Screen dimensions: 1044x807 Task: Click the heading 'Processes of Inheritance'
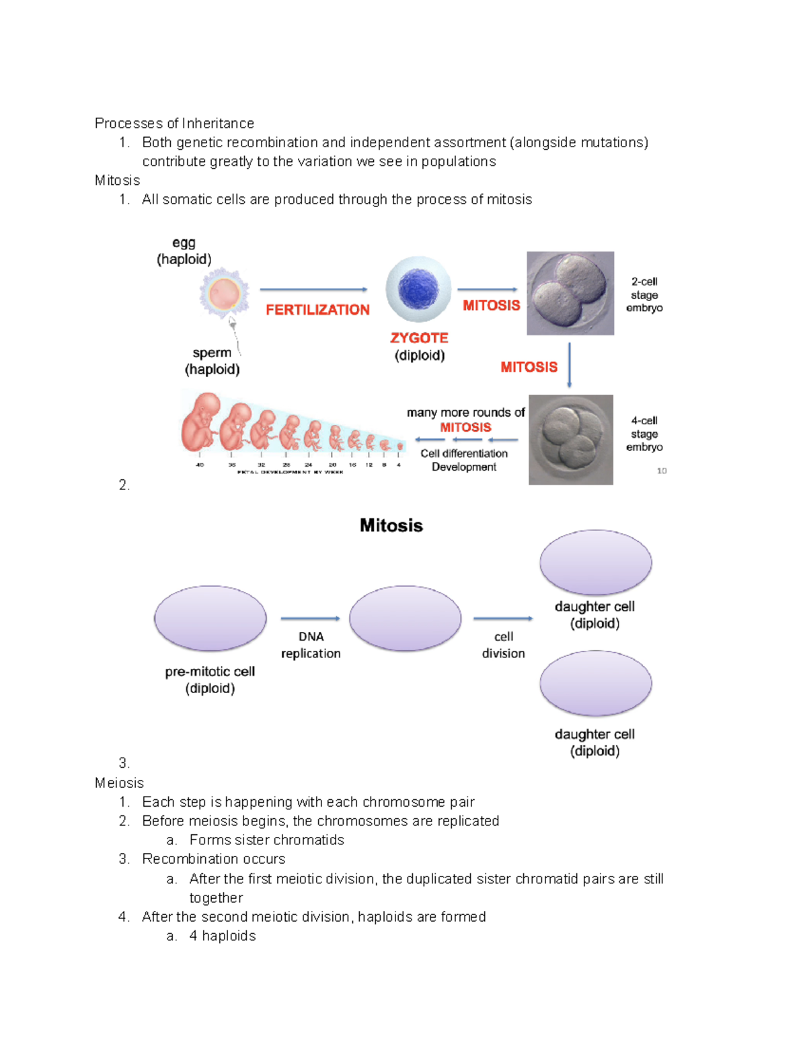point(174,123)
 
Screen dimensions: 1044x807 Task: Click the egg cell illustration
point(224,294)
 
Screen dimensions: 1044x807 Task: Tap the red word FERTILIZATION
point(317,310)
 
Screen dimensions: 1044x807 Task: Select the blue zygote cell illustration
point(418,289)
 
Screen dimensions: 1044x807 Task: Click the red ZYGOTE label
point(419,337)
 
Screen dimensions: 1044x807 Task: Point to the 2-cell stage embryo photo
point(570,293)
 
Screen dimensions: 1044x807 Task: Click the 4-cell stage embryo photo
point(570,440)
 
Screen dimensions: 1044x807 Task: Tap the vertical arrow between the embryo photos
point(569,365)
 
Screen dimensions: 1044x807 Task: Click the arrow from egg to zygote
point(313,290)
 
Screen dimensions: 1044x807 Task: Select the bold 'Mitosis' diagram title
point(391,525)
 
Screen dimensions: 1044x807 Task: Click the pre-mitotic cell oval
point(210,618)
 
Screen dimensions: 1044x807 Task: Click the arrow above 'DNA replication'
point(310,618)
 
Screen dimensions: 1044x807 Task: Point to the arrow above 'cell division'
point(503,618)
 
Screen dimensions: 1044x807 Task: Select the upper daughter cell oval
point(595,563)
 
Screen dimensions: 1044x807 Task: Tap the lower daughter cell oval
point(595,683)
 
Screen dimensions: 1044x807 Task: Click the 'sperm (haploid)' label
point(212,361)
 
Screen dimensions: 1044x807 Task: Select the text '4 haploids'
point(222,936)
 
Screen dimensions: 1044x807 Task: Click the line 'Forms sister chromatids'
point(266,840)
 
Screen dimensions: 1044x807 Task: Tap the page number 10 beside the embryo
point(662,471)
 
